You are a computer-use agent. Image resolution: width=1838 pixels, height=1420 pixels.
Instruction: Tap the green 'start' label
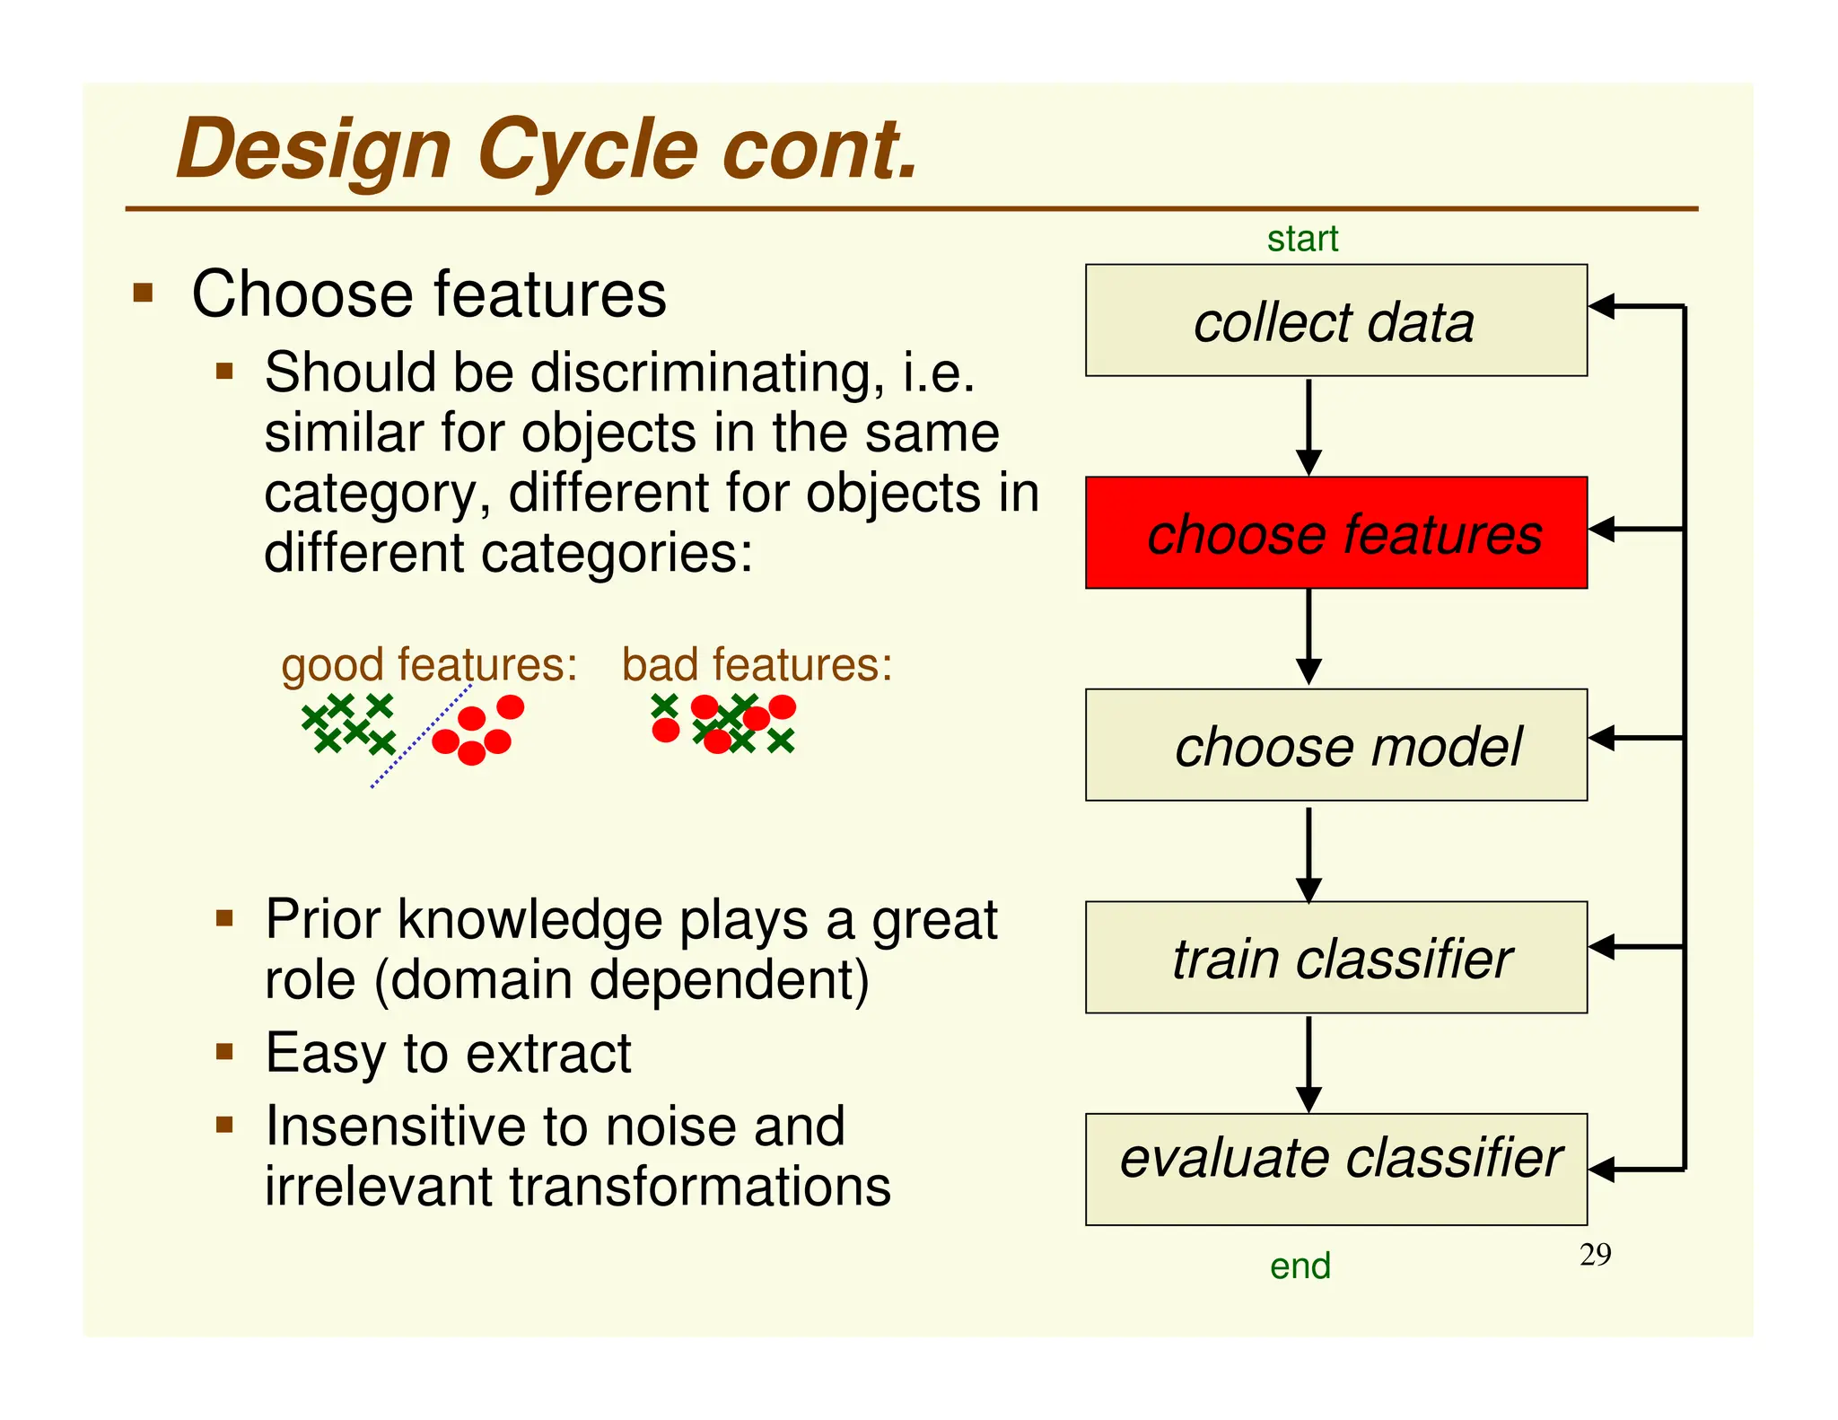[x=1301, y=239]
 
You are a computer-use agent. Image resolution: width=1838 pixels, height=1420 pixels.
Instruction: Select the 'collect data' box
[x=1335, y=320]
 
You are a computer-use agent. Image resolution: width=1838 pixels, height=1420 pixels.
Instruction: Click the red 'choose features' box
[x=1335, y=533]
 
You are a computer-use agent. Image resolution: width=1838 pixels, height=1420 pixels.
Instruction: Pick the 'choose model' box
[x=1335, y=745]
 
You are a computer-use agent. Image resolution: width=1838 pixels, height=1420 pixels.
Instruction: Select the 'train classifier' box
[x=1335, y=958]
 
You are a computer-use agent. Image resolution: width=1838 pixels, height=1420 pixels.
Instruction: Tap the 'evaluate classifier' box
[x=1335, y=1169]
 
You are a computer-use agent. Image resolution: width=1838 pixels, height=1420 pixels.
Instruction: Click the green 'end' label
[x=1300, y=1266]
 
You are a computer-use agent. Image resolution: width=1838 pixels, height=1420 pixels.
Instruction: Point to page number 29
[x=1595, y=1254]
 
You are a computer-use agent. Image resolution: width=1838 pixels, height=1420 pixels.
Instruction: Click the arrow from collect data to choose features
[x=1308, y=426]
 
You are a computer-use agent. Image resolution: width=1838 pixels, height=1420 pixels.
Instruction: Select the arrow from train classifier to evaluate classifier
[x=1308, y=1064]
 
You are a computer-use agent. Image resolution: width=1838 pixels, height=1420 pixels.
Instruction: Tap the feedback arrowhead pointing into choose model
[x=1602, y=738]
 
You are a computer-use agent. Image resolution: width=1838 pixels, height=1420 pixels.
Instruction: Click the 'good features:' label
[x=429, y=665]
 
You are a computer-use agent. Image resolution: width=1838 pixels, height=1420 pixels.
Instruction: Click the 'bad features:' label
[x=757, y=665]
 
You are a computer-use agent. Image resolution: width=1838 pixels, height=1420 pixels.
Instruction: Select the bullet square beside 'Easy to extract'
[x=224, y=1051]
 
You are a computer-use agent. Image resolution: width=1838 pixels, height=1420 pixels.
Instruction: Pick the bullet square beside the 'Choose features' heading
[x=143, y=294]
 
